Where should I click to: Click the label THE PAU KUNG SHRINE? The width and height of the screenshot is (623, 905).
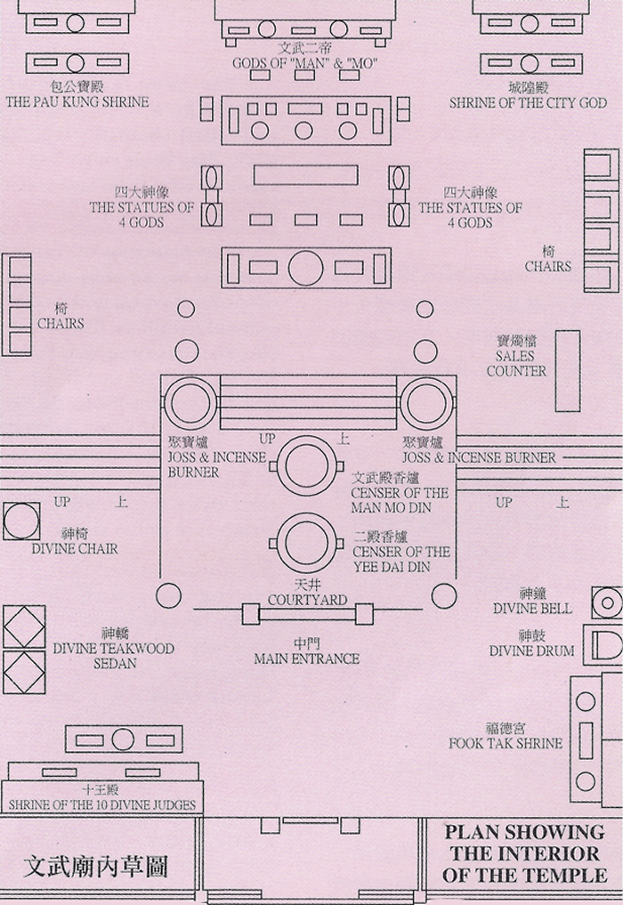tap(77, 102)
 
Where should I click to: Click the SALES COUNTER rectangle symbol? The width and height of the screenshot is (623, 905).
tap(567, 370)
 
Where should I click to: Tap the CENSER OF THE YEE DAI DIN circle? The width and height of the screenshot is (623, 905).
tap(308, 542)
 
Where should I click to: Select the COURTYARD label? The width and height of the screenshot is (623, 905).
tap(307, 600)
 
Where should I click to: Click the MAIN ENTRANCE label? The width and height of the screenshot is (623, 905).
tap(306, 659)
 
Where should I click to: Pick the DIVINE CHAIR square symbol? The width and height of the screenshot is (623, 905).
tap(21, 521)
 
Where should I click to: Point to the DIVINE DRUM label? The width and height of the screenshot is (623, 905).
tap(531, 650)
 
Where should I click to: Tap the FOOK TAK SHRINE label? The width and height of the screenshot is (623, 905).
tap(506, 742)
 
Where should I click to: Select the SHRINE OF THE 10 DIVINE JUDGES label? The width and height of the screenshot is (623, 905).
tap(102, 805)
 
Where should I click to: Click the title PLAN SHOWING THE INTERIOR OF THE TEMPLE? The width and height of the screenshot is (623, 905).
tap(524, 853)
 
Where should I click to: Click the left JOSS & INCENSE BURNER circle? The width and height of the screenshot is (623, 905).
tap(189, 402)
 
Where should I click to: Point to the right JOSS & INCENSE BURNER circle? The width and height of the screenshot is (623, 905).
tap(427, 402)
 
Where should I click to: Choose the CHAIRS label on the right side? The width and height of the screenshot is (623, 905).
tap(547, 266)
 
